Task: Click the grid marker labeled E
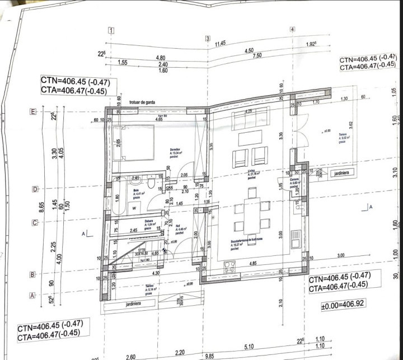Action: tap(32, 112)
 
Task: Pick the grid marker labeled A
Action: tap(32, 295)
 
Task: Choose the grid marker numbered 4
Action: tap(292, 29)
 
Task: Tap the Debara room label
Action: tap(149, 222)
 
